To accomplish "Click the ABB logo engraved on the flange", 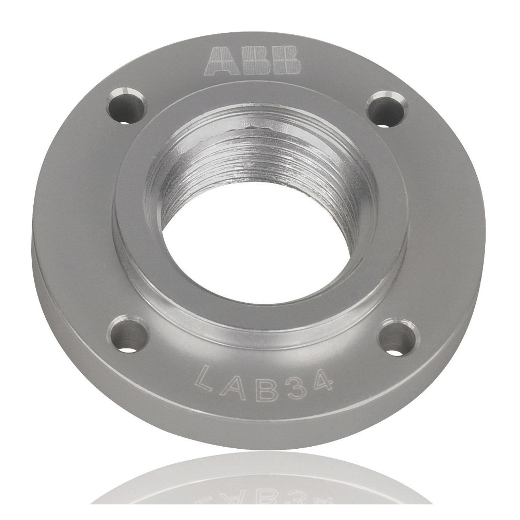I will [x=253, y=60].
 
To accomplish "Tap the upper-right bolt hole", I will [x=386, y=109].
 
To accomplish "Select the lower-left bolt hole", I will [x=128, y=335].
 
